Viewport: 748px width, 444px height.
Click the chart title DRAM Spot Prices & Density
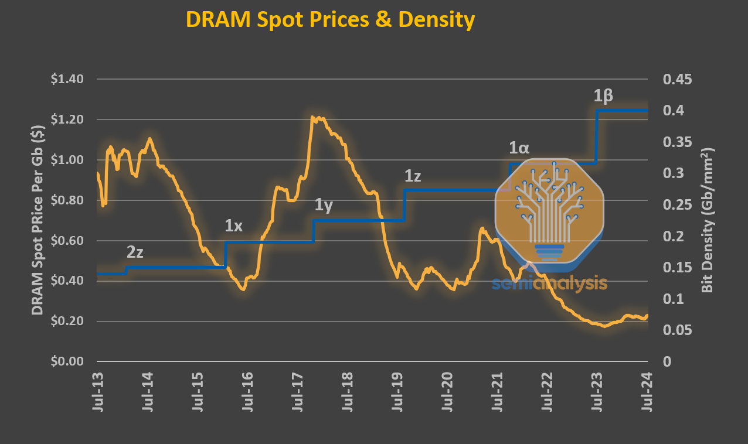point(330,20)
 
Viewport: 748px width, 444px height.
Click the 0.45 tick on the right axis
point(676,79)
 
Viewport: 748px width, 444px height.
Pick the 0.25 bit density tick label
point(676,205)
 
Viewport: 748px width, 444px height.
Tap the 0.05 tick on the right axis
point(676,330)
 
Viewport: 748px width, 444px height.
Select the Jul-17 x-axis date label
point(298,390)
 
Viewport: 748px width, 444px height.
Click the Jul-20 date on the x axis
point(448,390)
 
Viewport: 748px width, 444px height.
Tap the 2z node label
point(135,252)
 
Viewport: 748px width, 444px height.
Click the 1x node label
point(234,226)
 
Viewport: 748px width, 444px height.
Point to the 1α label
point(519,148)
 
